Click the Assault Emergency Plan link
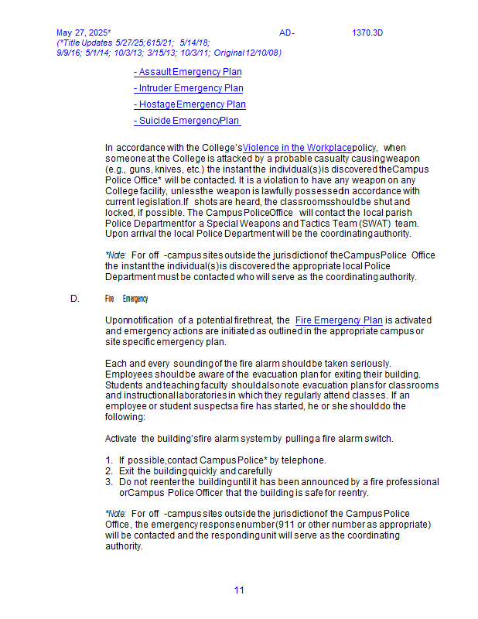(188, 72)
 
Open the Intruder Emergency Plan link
(189, 88)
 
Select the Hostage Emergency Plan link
(190, 104)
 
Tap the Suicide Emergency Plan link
(187, 121)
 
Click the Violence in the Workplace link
(297, 147)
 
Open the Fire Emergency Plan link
(339, 320)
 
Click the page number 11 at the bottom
(239, 590)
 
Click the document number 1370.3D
(367, 32)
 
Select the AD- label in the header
(287, 32)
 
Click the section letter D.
(74, 298)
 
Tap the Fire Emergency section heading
(127, 299)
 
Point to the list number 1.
(109, 460)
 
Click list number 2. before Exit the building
(109, 470)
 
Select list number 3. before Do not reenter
(109, 481)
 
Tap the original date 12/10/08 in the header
(263, 53)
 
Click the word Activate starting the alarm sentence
(121, 439)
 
